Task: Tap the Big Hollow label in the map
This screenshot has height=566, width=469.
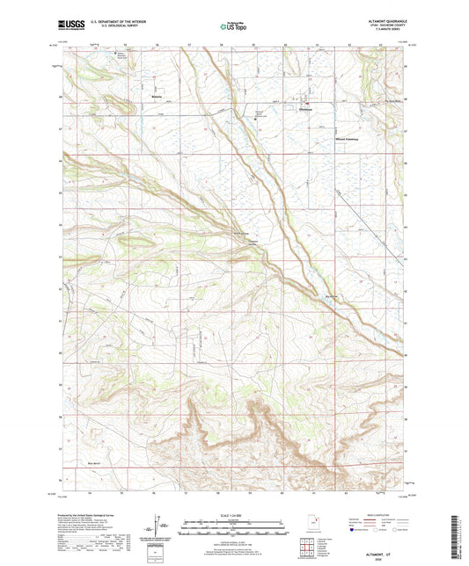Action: [x=332, y=296]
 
